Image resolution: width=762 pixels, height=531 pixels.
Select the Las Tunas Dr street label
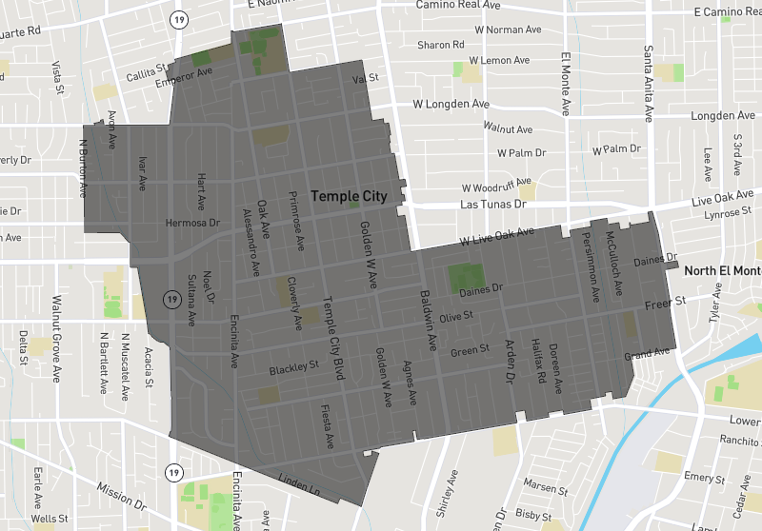pyautogui.click(x=492, y=205)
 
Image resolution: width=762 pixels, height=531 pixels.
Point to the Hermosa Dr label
pyautogui.click(x=192, y=223)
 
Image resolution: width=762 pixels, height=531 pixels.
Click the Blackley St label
pyautogui.click(x=293, y=366)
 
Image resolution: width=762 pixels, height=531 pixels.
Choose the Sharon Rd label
pyautogui.click(x=440, y=45)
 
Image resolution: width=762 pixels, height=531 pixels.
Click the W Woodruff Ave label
pyautogui.click(x=494, y=187)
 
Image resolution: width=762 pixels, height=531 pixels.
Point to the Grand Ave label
pyautogui.click(x=647, y=354)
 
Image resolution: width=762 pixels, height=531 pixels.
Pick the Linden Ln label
pyautogui.click(x=298, y=483)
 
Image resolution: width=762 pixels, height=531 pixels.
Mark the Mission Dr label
pyautogui.click(x=122, y=499)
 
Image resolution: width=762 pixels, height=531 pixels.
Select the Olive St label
pyautogui.click(x=455, y=316)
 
